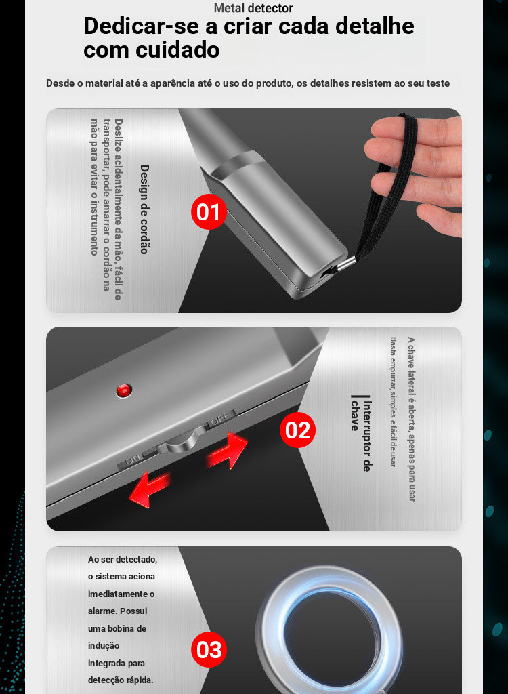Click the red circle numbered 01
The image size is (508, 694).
pos(209,211)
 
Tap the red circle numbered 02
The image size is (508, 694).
pos(298,430)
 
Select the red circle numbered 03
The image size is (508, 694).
pos(209,650)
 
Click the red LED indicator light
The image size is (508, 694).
pos(124,390)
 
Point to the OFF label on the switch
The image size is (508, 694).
pos(220,418)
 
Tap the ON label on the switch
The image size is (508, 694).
pos(132,461)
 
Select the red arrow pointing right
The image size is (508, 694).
pos(228,451)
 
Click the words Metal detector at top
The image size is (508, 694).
pos(253,8)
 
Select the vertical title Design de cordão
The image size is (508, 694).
pos(144,209)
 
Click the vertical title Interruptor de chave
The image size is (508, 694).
pos(361,433)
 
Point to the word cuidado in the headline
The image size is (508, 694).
pos(177,49)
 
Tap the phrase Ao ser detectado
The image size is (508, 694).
pos(123,559)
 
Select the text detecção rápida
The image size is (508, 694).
pos(121,680)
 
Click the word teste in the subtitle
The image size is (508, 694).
pos(438,83)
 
